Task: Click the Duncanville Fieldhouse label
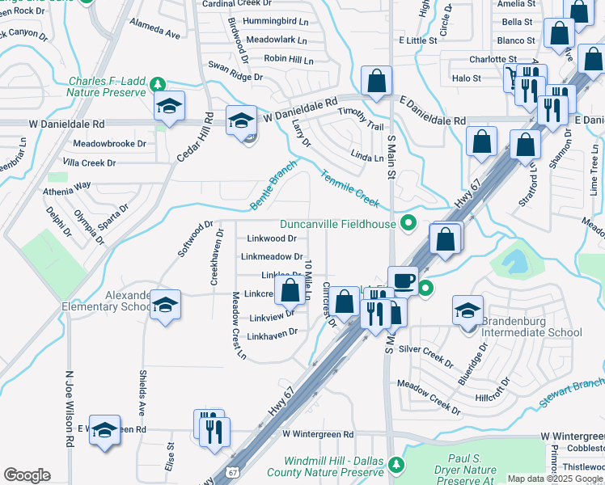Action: (338, 224)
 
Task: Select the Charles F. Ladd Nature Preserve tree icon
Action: (160, 83)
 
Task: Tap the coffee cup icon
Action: (403, 280)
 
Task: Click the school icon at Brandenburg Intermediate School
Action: (467, 312)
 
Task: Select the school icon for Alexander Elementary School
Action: (165, 304)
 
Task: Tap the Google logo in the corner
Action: (27, 475)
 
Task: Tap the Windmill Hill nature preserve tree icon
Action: (396, 464)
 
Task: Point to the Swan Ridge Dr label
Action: (235, 77)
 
